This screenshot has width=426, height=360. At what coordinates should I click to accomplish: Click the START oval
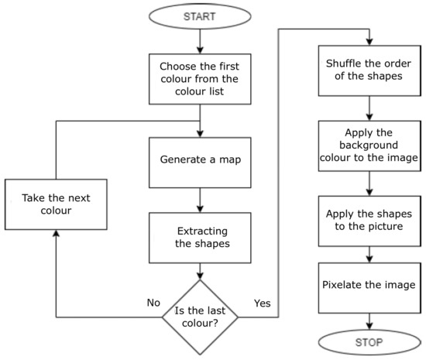[200, 15]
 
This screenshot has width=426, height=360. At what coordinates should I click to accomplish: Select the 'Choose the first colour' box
[200, 77]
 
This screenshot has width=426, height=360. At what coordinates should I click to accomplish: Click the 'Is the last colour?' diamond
[200, 317]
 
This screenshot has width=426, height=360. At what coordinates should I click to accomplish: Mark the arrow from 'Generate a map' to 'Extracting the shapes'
[200, 200]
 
